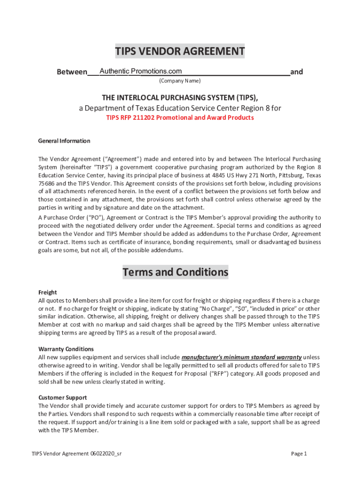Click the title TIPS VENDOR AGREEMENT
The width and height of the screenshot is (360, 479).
[x=180, y=51]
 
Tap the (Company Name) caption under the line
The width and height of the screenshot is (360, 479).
[x=180, y=81]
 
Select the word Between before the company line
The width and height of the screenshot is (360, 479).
[x=72, y=72]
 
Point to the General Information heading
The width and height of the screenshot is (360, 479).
[x=64, y=141]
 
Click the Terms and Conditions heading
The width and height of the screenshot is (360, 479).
[x=175, y=272]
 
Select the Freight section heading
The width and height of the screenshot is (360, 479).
[x=47, y=292]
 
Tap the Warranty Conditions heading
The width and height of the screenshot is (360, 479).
[x=66, y=349]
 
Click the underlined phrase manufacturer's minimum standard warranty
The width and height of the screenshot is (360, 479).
[x=241, y=357]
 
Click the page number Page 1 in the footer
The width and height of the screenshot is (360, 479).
[x=299, y=453]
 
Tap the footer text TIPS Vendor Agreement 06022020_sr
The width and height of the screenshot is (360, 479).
[x=77, y=453]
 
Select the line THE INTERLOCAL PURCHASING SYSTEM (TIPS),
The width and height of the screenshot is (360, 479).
[x=180, y=97]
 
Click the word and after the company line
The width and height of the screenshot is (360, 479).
[x=296, y=72]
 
